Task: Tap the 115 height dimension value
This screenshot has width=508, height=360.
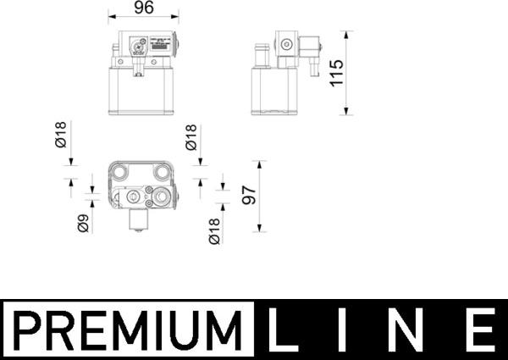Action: (x=336, y=74)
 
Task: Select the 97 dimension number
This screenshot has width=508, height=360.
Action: (x=248, y=196)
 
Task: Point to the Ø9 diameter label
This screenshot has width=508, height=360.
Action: (x=84, y=224)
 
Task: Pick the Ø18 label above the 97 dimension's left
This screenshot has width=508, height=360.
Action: (x=191, y=137)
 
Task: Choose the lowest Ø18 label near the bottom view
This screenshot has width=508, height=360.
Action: (x=214, y=231)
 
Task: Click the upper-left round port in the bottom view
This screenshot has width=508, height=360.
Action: (x=119, y=173)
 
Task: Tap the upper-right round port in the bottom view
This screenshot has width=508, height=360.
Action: (x=162, y=173)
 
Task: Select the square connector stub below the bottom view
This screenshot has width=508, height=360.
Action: (x=136, y=220)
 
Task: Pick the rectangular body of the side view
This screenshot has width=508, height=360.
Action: (x=273, y=91)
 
